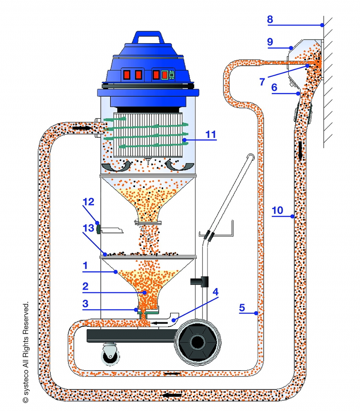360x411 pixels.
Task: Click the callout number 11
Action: [x=211, y=134]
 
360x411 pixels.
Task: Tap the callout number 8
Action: [x=270, y=19]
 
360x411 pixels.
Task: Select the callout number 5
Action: [x=242, y=308]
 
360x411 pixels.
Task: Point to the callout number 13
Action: [x=88, y=228]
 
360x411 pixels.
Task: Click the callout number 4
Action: [x=215, y=292]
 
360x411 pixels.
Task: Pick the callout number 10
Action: [x=277, y=210]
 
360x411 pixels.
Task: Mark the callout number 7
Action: [x=262, y=82]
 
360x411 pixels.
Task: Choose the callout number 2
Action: [x=85, y=286]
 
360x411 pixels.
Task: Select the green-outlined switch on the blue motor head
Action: [x=165, y=74]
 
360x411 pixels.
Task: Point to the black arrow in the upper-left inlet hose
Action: [x=82, y=128]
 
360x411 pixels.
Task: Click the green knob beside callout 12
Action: [x=98, y=229]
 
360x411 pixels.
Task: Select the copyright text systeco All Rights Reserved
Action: [x=25, y=353]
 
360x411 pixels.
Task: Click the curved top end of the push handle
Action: [x=251, y=157]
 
